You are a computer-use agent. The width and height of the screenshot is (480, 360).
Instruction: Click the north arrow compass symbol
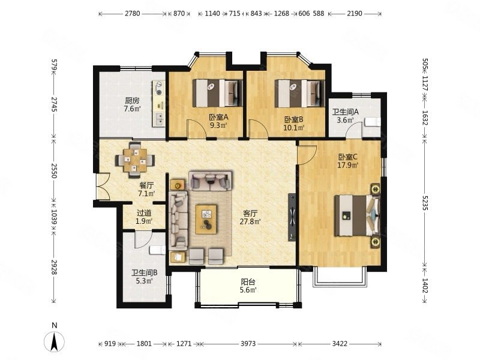point(54,341)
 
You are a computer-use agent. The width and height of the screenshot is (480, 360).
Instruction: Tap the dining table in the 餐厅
point(135,160)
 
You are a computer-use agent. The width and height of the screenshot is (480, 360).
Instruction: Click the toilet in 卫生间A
point(373,122)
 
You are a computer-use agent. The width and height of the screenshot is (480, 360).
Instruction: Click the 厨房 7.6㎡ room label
point(132,104)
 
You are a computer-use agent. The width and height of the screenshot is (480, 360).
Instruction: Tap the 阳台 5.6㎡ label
point(248,286)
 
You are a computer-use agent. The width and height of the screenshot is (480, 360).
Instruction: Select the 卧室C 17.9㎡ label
point(348,161)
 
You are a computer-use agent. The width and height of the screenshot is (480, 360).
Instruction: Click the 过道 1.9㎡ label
point(144,217)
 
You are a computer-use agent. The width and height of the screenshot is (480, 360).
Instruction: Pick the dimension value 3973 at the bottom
point(248,343)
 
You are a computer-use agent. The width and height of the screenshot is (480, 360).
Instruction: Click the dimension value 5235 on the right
point(425,203)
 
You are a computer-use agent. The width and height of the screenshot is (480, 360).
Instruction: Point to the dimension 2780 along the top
point(132,13)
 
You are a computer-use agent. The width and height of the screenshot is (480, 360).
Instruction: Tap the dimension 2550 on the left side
point(54,170)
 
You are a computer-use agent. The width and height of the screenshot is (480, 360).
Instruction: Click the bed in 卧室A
point(218,93)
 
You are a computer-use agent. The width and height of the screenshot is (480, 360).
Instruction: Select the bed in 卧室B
point(299,94)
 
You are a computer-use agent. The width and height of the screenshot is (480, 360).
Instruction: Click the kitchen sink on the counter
point(159,119)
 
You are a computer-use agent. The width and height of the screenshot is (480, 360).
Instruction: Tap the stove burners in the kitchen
point(159,88)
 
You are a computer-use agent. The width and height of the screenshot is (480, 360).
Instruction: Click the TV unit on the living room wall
point(292,217)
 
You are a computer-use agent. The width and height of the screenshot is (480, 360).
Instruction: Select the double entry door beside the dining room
point(103,187)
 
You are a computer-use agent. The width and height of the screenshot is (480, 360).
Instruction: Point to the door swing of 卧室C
point(307,155)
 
